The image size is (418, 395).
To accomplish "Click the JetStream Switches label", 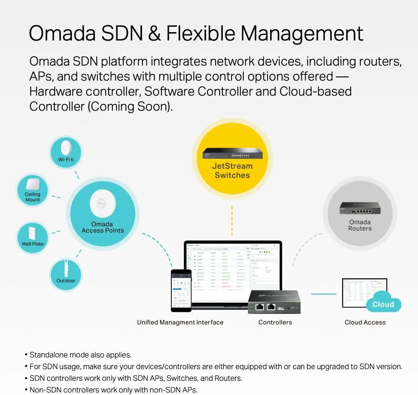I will pos(232,170).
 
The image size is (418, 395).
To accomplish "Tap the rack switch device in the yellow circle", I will pos(232,153).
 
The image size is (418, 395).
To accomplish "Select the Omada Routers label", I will pos(359,225).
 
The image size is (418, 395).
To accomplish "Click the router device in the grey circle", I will pos(359,208).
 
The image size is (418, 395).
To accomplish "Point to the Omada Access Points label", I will pos(102,227).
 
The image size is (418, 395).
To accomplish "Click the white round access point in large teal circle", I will pos(102,204).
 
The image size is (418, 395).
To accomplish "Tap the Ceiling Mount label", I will pos(33,197).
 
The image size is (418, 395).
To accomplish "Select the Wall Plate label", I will pos(33,244).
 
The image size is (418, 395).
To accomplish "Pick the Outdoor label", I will pos(66,281).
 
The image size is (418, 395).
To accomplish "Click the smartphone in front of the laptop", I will pos(181,290).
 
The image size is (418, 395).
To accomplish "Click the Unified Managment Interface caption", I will pos(180,322).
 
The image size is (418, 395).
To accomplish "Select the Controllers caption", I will pos(275,322).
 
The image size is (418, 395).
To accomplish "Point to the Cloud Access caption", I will pos(365,322).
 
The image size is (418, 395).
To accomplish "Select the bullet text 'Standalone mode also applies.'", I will pos(80,355).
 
